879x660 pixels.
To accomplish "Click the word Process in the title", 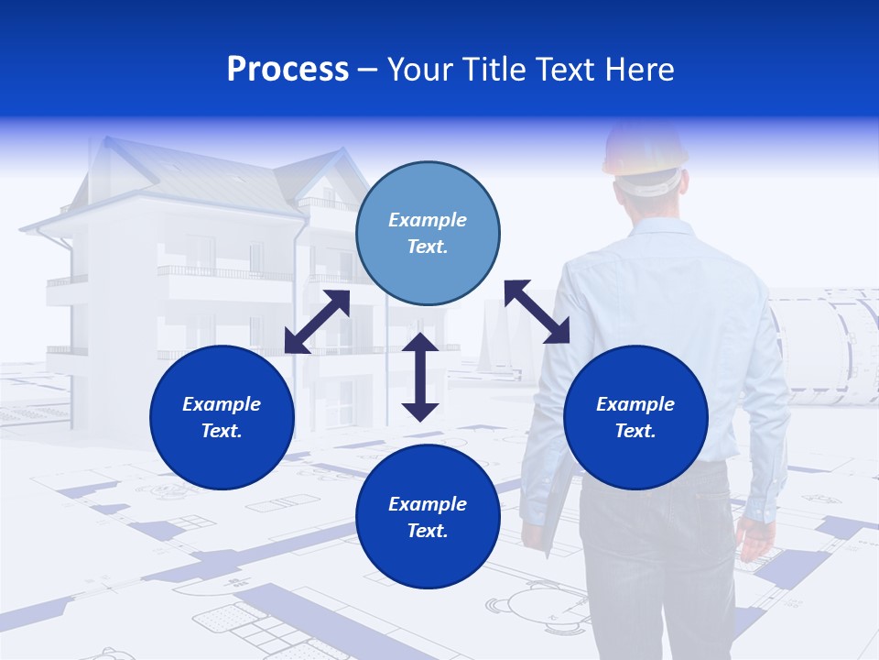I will click(x=288, y=70).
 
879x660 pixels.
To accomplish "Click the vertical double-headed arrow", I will click(x=420, y=377).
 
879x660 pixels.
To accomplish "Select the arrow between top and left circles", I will click(x=317, y=322).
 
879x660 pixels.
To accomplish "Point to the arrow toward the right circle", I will click(x=537, y=312).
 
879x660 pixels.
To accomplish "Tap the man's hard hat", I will click(x=645, y=147).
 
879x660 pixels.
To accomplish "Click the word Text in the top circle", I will click(x=428, y=247).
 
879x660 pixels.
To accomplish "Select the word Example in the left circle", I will click(x=222, y=404).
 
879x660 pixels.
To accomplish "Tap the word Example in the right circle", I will click(x=635, y=404).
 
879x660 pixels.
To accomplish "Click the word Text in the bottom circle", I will click(x=428, y=531).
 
